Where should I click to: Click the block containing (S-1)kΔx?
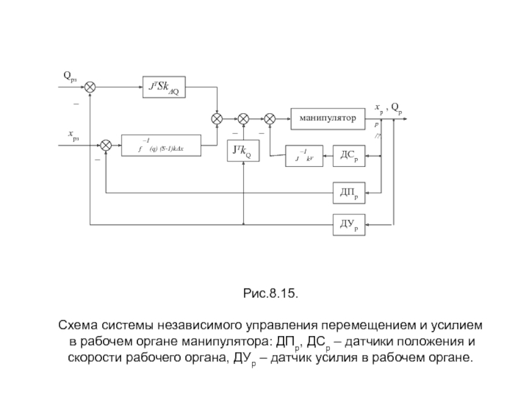point(161,145)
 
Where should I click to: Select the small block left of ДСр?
point(304,156)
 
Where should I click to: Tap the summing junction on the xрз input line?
point(106,145)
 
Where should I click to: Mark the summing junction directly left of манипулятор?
point(270,118)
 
